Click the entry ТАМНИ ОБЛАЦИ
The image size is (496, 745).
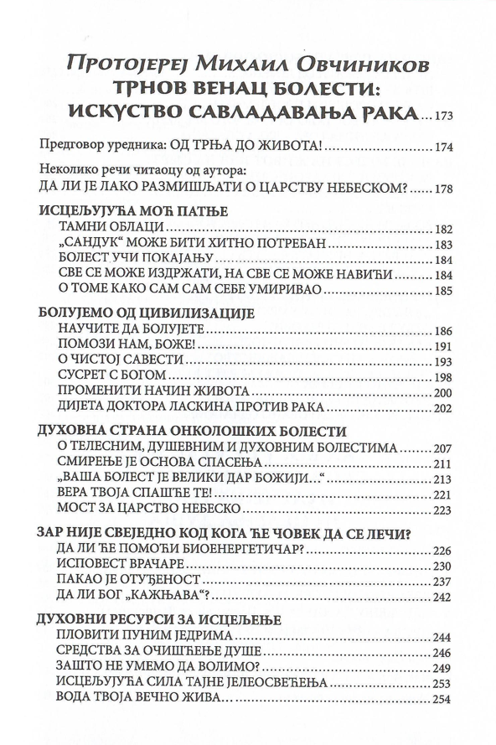(x=110, y=229)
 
